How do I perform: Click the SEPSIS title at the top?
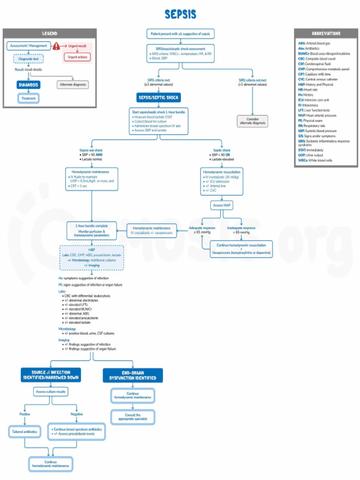click(x=180, y=14)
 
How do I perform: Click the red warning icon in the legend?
click(x=56, y=46)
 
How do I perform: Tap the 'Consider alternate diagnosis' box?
click(x=253, y=121)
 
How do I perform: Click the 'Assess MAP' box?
click(x=222, y=205)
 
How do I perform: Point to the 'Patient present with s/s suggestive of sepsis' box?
click(x=180, y=34)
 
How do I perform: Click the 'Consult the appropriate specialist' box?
click(x=133, y=417)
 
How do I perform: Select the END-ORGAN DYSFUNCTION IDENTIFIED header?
click(x=133, y=375)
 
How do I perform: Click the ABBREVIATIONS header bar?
click(x=326, y=34)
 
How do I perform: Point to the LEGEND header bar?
click(x=50, y=34)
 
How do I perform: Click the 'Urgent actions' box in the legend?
click(x=77, y=57)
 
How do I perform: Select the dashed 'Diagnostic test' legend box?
click(x=29, y=59)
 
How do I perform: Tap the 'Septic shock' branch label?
click(x=222, y=150)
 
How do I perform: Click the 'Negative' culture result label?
click(x=77, y=414)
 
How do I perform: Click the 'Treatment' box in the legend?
click(x=29, y=98)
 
